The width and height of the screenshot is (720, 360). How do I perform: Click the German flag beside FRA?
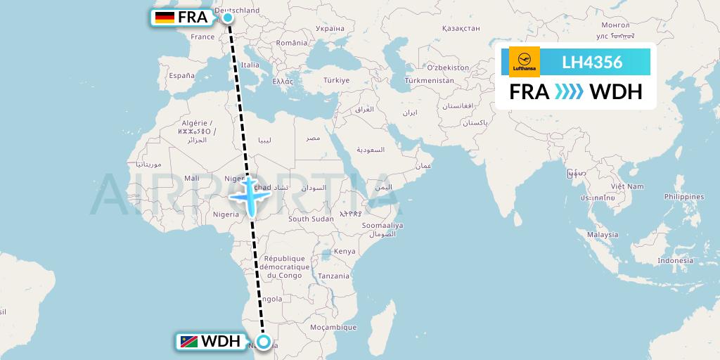click(x=165, y=18)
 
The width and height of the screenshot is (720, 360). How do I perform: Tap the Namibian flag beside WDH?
click(x=188, y=342)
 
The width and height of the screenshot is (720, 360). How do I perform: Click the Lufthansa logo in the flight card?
click(x=524, y=62)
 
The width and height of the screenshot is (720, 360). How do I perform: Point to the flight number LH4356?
click(x=592, y=62)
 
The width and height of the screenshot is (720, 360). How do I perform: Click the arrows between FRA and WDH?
click(x=569, y=92)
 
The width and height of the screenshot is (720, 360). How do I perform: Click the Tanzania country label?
click(x=333, y=276)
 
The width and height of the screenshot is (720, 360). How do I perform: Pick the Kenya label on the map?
click(x=345, y=252)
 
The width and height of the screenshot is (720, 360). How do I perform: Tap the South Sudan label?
click(x=311, y=219)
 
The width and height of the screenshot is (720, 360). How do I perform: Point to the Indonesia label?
click(x=675, y=261)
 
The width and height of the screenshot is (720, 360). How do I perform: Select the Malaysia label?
click(x=603, y=235)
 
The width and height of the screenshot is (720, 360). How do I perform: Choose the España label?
click(x=181, y=75)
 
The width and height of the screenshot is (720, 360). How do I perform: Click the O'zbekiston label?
click(x=448, y=67)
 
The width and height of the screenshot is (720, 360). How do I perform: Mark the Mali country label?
click(x=191, y=178)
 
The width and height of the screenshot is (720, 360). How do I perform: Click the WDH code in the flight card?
click(x=615, y=92)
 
